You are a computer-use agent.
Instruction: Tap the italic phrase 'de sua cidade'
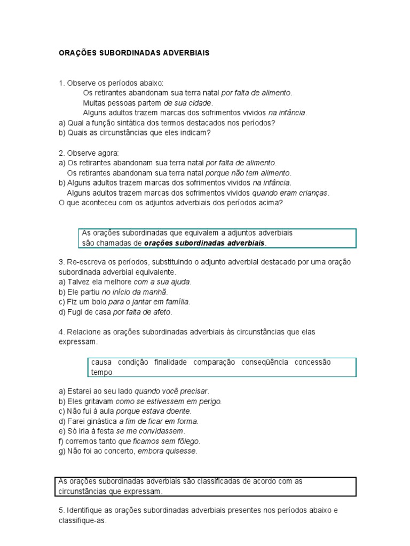[188, 103]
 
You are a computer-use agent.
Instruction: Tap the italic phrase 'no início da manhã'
[134, 292]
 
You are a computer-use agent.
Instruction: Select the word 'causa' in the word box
[101, 362]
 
